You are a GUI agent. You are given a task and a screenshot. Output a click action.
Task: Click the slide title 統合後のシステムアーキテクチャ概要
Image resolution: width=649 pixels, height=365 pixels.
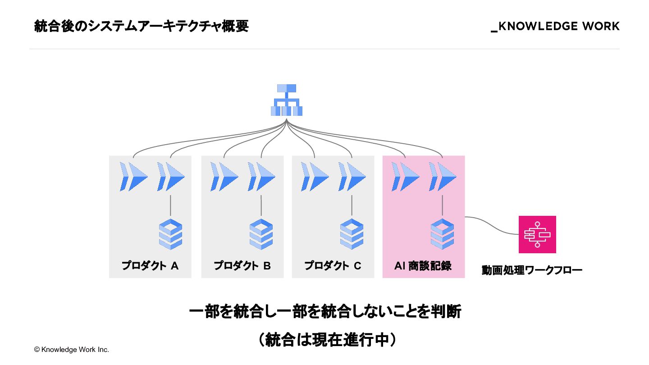(141, 27)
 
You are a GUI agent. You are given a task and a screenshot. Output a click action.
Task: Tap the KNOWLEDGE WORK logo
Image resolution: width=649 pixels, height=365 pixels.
(555, 27)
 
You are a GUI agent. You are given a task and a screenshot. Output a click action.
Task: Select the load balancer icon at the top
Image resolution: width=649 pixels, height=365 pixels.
(287, 100)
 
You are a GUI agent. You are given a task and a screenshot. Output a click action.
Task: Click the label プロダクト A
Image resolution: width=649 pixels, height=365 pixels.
(150, 266)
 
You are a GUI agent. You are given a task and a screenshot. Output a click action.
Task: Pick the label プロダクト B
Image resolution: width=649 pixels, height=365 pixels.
(242, 266)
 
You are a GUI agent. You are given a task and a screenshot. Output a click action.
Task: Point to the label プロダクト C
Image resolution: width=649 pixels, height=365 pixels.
(333, 266)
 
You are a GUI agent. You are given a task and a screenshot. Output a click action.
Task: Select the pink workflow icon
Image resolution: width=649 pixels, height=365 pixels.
(537, 234)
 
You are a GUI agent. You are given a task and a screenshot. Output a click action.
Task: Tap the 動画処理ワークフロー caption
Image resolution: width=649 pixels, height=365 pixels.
(532, 270)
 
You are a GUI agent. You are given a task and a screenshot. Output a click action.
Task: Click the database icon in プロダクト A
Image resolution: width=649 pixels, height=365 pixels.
(171, 234)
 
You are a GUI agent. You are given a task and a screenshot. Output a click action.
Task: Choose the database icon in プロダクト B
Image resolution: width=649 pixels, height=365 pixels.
(261, 234)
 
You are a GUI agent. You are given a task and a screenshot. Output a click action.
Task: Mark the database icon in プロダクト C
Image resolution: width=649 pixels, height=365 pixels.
(352, 234)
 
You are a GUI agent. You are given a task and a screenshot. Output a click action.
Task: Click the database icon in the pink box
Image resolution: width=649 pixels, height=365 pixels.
(442, 234)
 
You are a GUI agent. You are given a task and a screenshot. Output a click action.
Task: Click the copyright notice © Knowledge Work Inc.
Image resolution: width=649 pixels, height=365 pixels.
(71, 349)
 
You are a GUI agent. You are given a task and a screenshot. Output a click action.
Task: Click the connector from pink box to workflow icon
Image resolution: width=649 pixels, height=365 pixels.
(491, 225)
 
